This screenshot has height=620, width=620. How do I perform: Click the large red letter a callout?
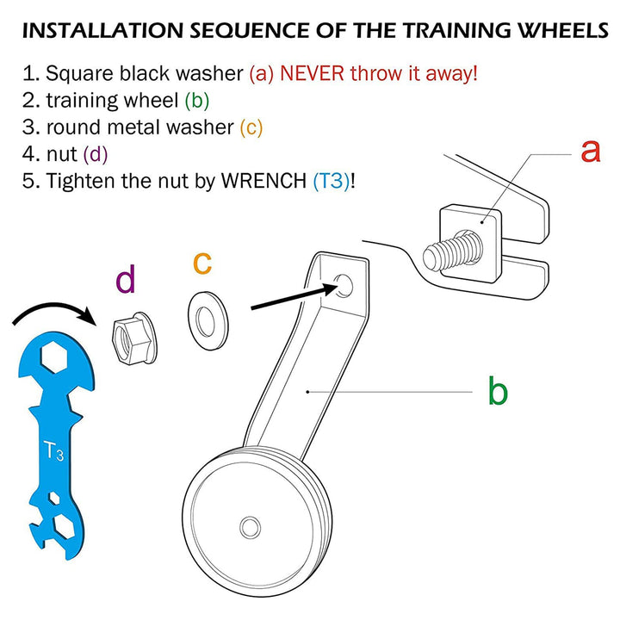[x=589, y=151]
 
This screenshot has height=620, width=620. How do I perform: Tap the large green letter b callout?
[x=498, y=392]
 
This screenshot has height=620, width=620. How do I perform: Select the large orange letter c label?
[x=201, y=262]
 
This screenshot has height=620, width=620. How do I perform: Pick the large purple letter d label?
[x=126, y=281]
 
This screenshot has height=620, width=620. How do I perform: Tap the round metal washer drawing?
[x=205, y=319]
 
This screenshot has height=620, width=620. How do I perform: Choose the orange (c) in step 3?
[x=251, y=127]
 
